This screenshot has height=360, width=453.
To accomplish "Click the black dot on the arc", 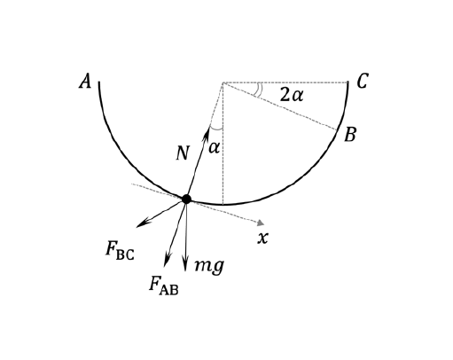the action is coord(186,200).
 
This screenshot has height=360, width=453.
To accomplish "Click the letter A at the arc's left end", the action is coord(85,82).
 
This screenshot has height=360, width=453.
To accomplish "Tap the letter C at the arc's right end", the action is coord(363,81).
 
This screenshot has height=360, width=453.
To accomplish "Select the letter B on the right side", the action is coord(350,135).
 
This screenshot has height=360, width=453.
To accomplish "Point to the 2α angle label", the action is coord(292,95).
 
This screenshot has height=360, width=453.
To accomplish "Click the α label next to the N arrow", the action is coord(215,147).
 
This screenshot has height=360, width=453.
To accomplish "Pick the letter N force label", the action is coord(183,153).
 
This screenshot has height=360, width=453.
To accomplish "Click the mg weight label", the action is coord(209,266).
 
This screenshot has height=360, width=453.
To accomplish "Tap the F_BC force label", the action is coord(120,251).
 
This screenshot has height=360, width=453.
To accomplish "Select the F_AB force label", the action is coord(164,285).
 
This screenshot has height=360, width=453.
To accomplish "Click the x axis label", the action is coord(262,239).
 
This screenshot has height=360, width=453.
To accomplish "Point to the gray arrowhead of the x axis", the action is coord(261,223).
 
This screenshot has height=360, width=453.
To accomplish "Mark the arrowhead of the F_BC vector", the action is coord(143,223).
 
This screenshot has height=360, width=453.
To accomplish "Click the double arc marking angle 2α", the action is coord(259,90).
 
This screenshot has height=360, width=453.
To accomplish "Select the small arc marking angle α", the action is coord(216,129).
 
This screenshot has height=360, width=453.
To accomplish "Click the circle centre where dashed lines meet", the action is coord(223,82).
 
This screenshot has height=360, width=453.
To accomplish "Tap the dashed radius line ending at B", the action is coord(280,106).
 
